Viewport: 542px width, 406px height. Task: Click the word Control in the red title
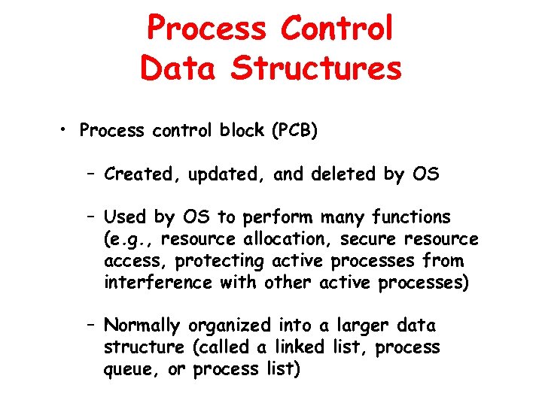336,29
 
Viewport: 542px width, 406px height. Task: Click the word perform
279,218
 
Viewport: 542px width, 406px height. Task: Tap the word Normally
143,326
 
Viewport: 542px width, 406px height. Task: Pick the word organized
229,326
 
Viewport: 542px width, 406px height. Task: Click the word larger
356,326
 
